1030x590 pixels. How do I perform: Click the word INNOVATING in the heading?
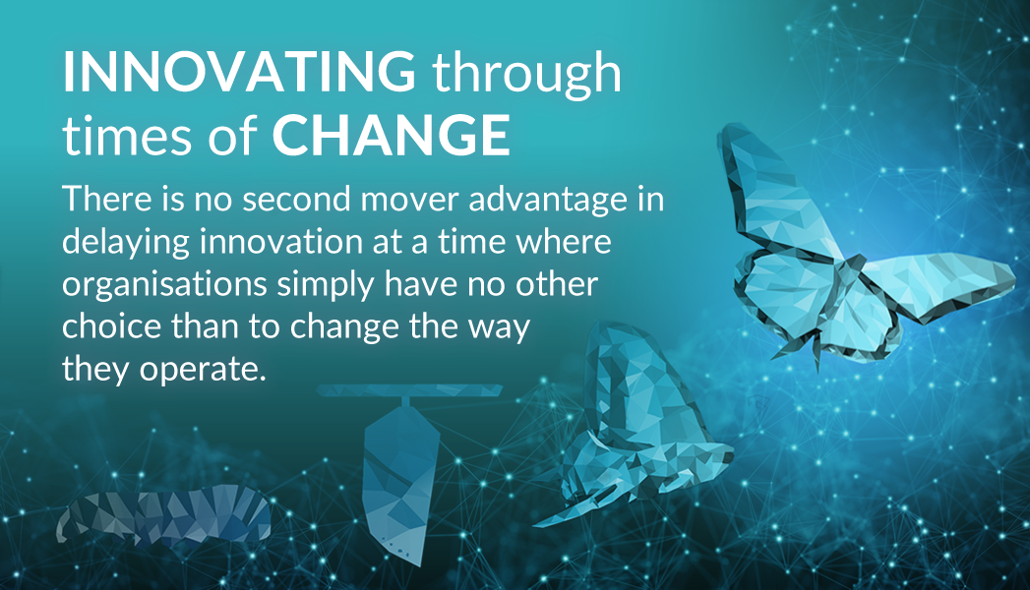pyautogui.click(x=239, y=72)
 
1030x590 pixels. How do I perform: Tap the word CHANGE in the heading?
pyautogui.click(x=392, y=136)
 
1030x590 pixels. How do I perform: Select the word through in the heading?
pyautogui.click(x=527, y=74)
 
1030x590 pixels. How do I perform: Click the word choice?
pyautogui.click(x=112, y=327)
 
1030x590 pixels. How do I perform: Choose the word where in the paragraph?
pyautogui.click(x=564, y=242)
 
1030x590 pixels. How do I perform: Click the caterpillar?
pyautogui.click(x=164, y=515)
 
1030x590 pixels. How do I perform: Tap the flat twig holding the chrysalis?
pyautogui.click(x=408, y=390)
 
